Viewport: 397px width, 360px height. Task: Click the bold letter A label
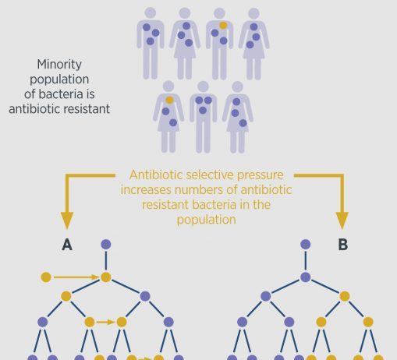click(x=67, y=245)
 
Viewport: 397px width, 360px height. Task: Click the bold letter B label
click(x=343, y=245)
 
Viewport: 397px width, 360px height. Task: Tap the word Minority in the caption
click(x=59, y=65)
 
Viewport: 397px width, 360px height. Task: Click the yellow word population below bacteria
click(x=207, y=220)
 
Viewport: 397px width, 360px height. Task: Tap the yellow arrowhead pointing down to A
click(x=67, y=221)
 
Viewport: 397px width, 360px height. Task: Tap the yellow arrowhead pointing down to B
click(x=342, y=221)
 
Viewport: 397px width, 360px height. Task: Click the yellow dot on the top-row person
click(x=223, y=26)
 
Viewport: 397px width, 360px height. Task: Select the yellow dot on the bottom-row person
click(x=169, y=100)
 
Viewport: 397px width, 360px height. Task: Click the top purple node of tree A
click(x=106, y=245)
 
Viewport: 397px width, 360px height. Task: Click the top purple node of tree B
click(x=306, y=245)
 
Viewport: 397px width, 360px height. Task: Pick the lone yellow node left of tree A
click(x=46, y=277)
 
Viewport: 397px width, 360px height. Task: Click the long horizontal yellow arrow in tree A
click(x=76, y=277)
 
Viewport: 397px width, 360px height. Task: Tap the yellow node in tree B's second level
click(x=345, y=296)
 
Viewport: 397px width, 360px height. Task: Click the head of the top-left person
click(x=151, y=12)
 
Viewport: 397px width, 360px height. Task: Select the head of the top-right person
click(x=253, y=13)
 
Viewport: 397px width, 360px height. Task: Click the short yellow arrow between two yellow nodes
click(x=105, y=322)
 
